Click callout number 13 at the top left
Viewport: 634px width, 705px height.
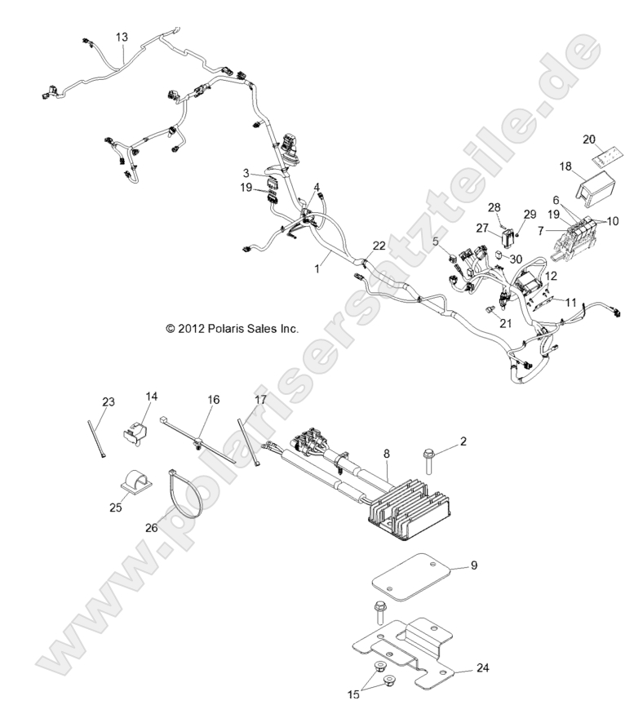click(x=122, y=38)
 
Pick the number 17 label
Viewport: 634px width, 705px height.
click(x=260, y=400)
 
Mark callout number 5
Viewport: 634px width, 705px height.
click(x=436, y=242)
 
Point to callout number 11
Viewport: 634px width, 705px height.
click(x=570, y=302)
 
